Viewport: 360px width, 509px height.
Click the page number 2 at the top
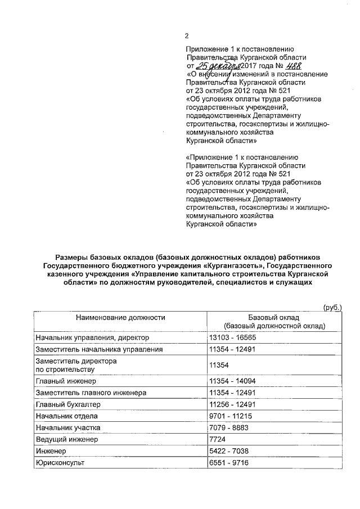[187, 36]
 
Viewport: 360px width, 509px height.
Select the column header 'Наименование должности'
[121, 317]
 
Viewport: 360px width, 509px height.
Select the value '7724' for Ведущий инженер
[217, 439]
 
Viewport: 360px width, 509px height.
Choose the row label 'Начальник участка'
[67, 427]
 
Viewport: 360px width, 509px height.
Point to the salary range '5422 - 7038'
[228, 451]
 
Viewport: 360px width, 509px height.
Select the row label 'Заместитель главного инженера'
[91, 392]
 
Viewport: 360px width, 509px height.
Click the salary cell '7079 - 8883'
[228, 427]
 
